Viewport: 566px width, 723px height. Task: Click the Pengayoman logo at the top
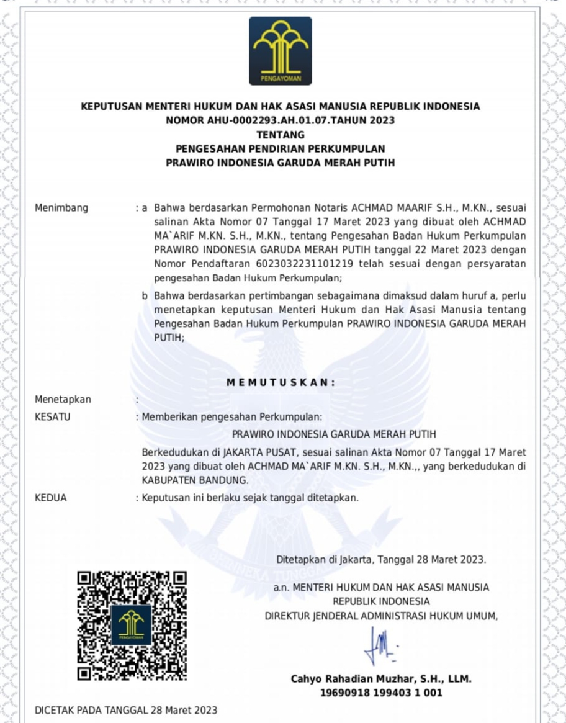pos(281,51)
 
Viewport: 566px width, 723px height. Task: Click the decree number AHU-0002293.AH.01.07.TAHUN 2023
pos(281,120)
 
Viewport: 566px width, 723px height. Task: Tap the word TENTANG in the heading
pos(281,135)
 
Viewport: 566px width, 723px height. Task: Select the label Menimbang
pos(61,207)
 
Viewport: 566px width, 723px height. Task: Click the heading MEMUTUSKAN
pos(281,383)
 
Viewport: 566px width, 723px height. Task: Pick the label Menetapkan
pos(63,400)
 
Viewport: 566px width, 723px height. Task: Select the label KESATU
pos(53,417)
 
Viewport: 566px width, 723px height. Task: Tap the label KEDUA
pos(51,498)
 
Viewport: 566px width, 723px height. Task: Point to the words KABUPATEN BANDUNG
pos(195,480)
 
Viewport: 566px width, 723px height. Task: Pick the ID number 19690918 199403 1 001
pos(381,693)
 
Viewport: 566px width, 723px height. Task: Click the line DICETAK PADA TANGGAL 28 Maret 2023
pos(126,710)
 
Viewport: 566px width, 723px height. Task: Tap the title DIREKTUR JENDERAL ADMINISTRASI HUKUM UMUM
pos(381,616)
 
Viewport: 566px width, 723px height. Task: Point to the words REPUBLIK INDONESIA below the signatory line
pos(381,601)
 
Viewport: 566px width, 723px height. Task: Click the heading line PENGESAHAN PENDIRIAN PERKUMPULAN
pos(281,149)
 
